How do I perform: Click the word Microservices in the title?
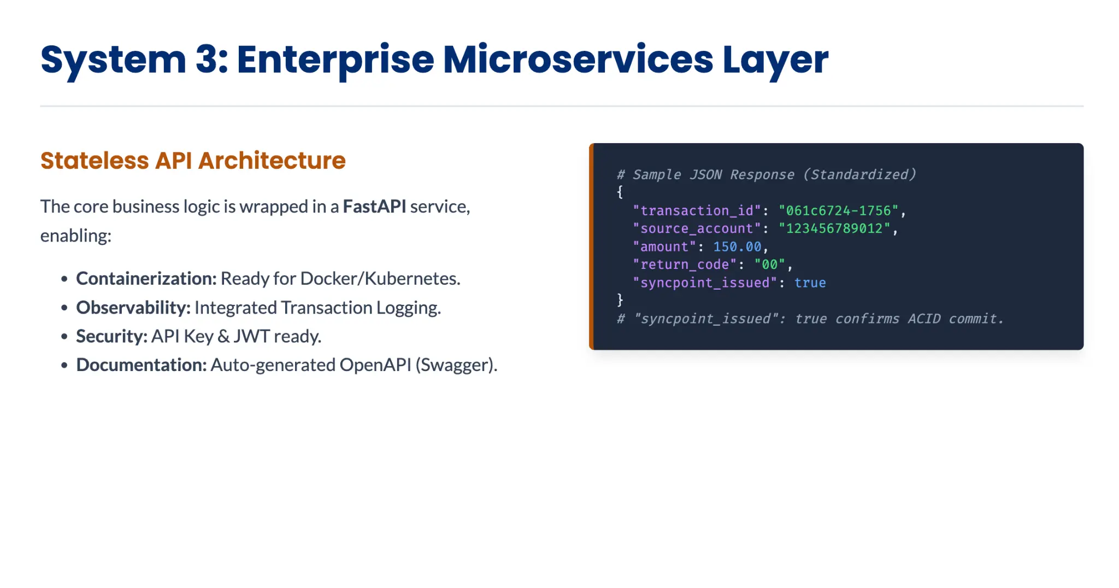[578, 60]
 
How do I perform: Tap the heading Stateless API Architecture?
[193, 161]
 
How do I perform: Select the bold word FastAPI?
[374, 207]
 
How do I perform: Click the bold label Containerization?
[146, 279]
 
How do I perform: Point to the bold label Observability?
[133, 308]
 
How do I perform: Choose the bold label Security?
[112, 336]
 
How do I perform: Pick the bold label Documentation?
[142, 364]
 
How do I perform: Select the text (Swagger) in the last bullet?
[456, 364]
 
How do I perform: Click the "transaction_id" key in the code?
[697, 210]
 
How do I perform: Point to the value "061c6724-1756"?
[839, 210]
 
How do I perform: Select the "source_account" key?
[697, 228]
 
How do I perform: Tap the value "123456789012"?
[834, 228]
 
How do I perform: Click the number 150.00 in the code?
[737, 247]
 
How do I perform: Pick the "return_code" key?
[685, 264]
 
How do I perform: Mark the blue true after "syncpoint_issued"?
[810, 283]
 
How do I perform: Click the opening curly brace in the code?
[620, 192]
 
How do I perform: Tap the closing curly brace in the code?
[620, 300]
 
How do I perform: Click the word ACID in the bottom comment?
[924, 319]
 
